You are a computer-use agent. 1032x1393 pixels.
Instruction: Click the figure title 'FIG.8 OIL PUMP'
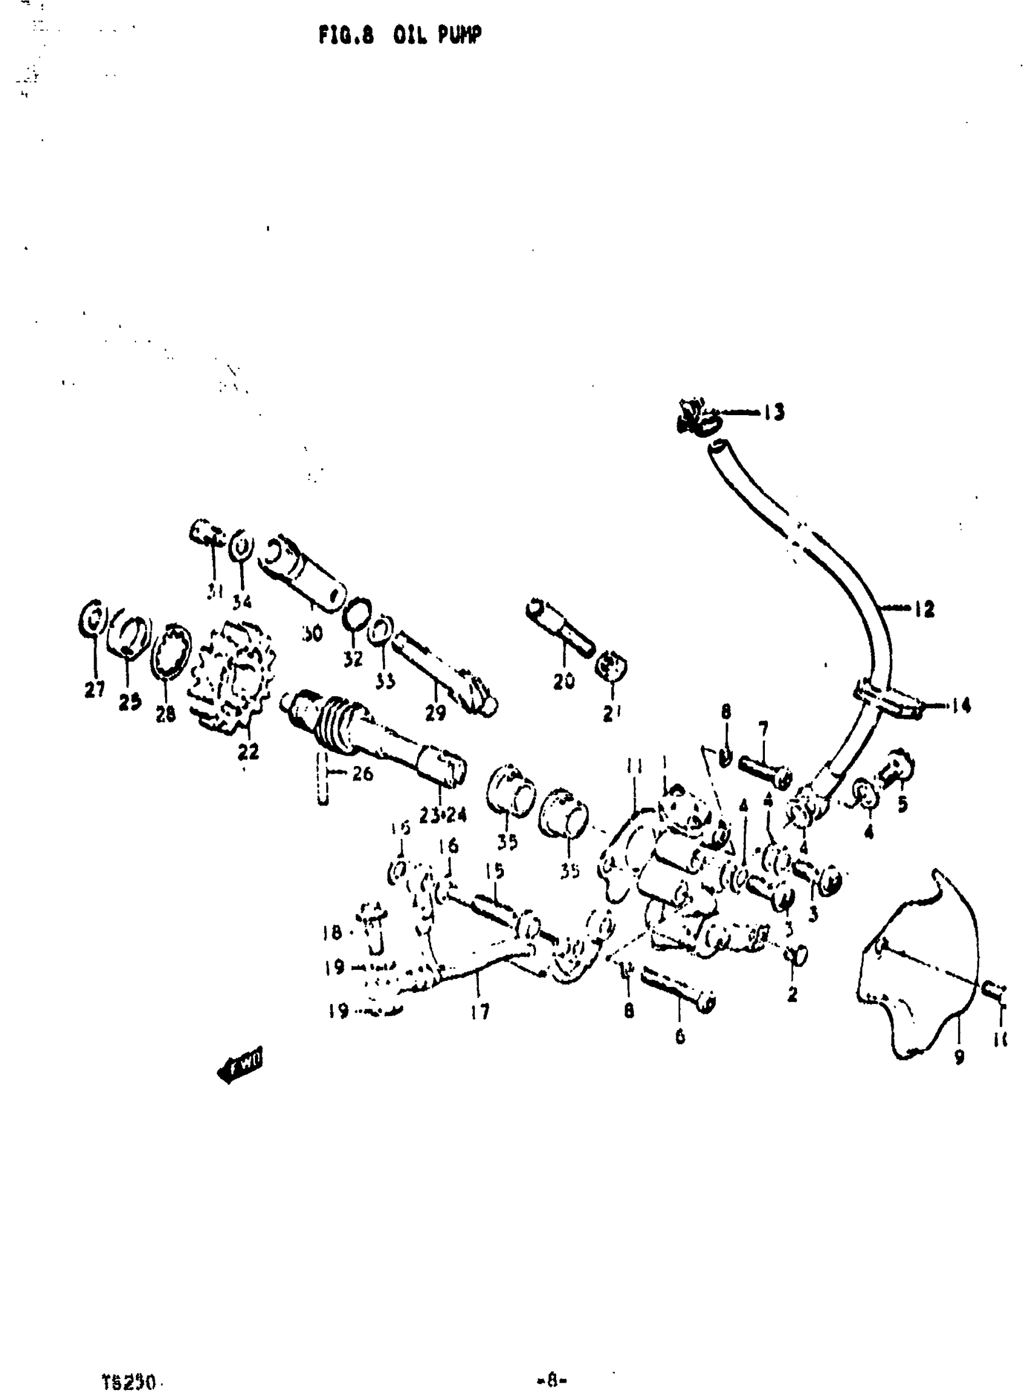(400, 36)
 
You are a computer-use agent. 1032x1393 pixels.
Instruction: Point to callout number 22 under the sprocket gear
(248, 752)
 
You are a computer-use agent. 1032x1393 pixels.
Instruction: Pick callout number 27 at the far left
(94, 689)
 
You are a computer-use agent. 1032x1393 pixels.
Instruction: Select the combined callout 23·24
(443, 815)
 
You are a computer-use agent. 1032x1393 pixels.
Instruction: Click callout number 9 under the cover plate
(959, 1056)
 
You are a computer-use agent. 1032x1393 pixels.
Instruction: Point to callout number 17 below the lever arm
(480, 1011)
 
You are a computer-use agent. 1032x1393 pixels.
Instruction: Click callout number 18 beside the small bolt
(332, 934)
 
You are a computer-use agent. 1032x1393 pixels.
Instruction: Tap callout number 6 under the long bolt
(680, 1037)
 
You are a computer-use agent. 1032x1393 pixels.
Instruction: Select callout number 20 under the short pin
(563, 681)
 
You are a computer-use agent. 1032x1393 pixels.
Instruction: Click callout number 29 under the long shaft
(435, 712)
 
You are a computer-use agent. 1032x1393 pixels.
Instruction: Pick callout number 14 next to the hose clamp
(961, 706)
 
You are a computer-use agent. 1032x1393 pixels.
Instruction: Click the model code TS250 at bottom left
(129, 1366)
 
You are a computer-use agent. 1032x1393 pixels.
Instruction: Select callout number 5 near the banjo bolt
(902, 805)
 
